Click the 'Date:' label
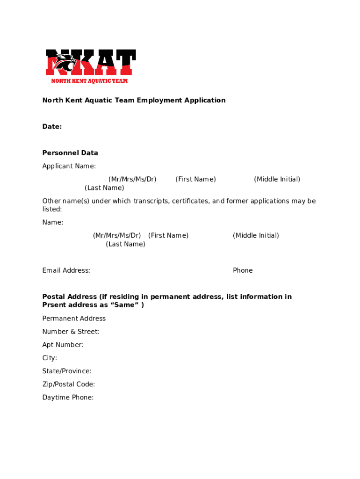tap(52, 127)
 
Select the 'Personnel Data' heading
tap(70, 153)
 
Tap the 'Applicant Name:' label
tap(69, 166)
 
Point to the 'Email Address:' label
tap(66, 270)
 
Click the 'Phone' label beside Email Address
tap(243, 270)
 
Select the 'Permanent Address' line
tap(74, 319)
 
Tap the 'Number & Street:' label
tap(71, 332)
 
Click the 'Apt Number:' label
tap(63, 345)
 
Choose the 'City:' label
tap(50, 358)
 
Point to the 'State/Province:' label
tap(67, 371)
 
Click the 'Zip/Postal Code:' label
tap(69, 384)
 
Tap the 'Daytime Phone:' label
tap(68, 397)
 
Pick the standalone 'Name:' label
tap(53, 222)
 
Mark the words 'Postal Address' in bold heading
tap(69, 297)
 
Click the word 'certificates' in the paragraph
tap(191, 201)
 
